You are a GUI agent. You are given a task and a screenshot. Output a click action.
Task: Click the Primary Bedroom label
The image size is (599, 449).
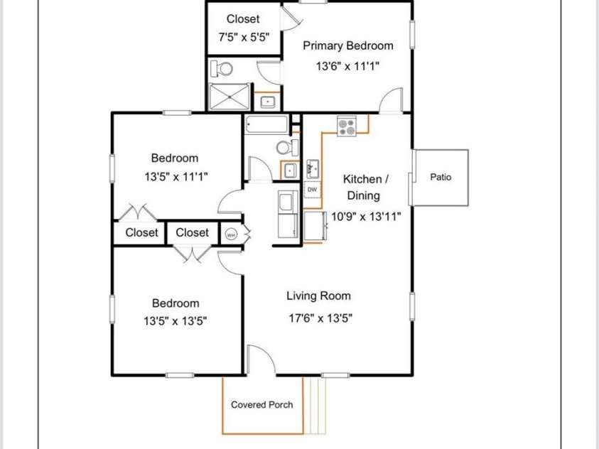pyautogui.click(x=347, y=45)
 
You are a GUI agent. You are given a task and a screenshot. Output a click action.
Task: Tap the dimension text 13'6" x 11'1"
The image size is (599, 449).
pyautogui.click(x=347, y=67)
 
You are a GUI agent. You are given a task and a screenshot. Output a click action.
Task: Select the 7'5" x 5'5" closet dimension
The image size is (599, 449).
pyautogui.click(x=243, y=38)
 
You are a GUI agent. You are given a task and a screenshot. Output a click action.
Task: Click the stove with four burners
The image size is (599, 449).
pyautogui.click(x=347, y=126)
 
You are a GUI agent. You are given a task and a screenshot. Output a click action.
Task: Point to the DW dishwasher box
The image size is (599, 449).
pyautogui.click(x=312, y=190)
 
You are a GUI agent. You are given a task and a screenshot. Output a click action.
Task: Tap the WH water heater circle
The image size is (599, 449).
pyautogui.click(x=230, y=234)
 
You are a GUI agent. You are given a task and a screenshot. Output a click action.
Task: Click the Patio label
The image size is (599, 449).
pyautogui.click(x=441, y=177)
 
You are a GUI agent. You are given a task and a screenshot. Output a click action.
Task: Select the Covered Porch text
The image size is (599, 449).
pyautogui.click(x=261, y=405)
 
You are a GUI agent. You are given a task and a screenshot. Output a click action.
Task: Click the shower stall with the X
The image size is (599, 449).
pyautogui.click(x=229, y=97)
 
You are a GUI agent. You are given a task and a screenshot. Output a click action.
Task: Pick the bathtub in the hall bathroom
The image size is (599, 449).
pyautogui.click(x=266, y=125)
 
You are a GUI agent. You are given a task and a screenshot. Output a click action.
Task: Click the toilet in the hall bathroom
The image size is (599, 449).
pyautogui.click(x=286, y=147)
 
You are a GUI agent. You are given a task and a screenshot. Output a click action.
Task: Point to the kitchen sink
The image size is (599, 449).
pyautogui.click(x=313, y=169)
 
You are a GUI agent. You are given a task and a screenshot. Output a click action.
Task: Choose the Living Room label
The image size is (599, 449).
pyautogui.click(x=318, y=296)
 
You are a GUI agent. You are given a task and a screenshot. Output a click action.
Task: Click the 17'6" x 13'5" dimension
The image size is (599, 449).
pyautogui.click(x=320, y=318)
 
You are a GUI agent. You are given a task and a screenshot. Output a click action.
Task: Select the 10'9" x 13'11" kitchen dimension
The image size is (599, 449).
pyautogui.click(x=367, y=217)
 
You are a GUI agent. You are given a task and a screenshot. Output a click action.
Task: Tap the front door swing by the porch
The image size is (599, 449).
pyautogui.click(x=261, y=360)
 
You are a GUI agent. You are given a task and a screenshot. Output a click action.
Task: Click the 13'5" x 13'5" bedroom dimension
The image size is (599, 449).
pyautogui.click(x=175, y=320)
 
